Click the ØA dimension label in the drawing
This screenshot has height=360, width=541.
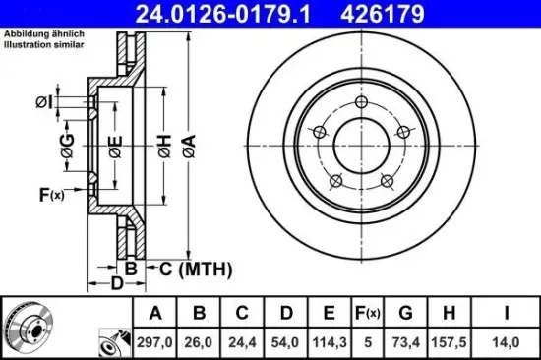pyautogui.click(x=187, y=148)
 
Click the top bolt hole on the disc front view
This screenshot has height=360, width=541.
pyautogui.click(x=361, y=105)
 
